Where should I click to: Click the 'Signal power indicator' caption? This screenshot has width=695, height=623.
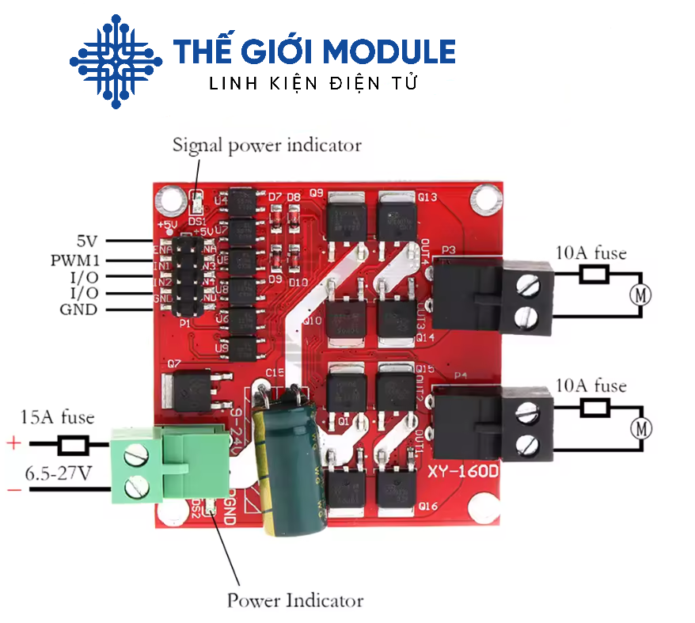(x=267, y=145)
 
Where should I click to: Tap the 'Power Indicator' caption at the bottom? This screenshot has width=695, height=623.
(x=295, y=600)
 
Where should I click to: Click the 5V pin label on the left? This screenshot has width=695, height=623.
(x=88, y=241)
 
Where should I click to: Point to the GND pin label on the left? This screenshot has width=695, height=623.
(x=78, y=310)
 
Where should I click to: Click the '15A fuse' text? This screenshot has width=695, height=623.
(x=57, y=417)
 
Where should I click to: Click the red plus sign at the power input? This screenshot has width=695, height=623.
(x=14, y=443)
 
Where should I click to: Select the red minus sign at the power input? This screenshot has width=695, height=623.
(x=14, y=491)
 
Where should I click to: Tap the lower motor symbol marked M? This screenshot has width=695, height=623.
(x=642, y=429)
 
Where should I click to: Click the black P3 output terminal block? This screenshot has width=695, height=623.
(x=491, y=298)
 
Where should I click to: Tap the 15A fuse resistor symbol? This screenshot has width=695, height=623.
(x=74, y=446)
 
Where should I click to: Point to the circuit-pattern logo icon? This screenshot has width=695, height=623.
(x=116, y=61)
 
